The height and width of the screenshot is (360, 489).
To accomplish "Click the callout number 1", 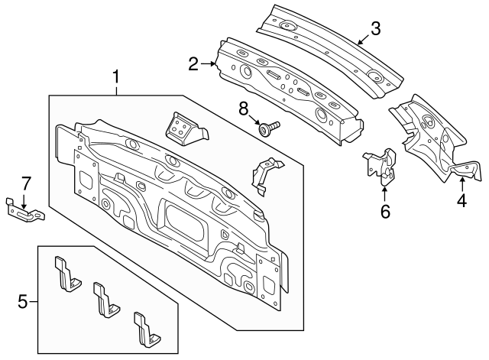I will point(116,77).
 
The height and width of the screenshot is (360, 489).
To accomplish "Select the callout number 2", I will point(194,63).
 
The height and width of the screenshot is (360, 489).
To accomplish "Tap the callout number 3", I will point(374,29).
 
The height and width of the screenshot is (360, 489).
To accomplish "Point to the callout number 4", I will point(461,203).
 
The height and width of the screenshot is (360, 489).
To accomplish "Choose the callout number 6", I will point(385,211).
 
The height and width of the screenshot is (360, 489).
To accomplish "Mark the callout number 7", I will point(25,183).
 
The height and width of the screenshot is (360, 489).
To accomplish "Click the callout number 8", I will point(244,109).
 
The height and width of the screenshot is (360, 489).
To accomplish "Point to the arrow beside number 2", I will point(210,64).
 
